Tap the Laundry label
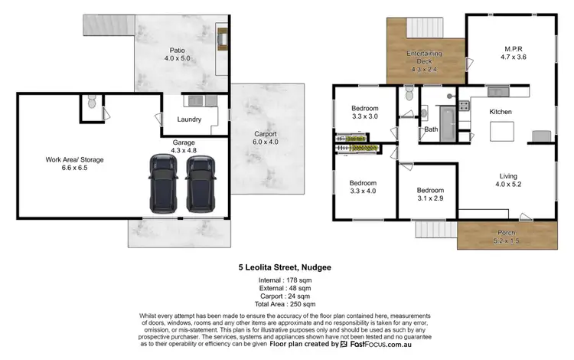point(188,119)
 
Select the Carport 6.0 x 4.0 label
point(266,138)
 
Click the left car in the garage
point(162,183)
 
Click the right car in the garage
point(198,184)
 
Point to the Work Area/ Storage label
point(74,164)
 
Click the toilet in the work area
point(91,103)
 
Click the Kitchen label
point(501,112)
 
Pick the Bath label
point(431,129)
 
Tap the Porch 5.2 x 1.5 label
point(506,236)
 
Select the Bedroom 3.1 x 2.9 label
point(429,195)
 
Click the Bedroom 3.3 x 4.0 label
point(363,188)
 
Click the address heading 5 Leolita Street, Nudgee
point(286,269)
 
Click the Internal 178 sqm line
point(286,282)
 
